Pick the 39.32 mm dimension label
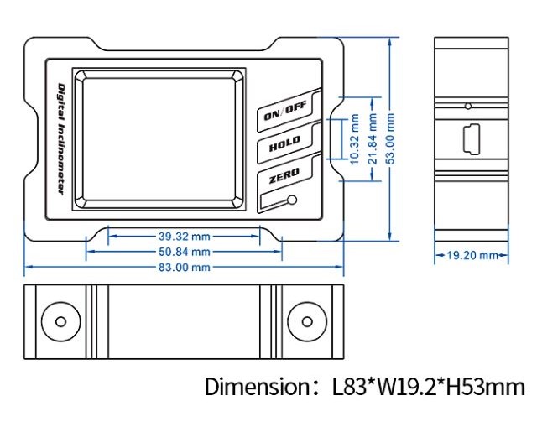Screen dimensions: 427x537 184,236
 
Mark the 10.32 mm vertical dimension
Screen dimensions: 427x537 353,138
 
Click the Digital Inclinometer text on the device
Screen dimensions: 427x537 60,138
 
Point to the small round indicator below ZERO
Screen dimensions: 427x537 291,200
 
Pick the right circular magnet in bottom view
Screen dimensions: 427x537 305,321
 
